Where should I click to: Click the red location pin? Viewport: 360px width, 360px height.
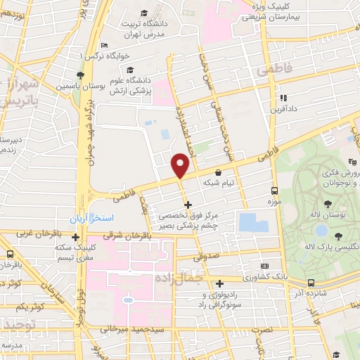coord(181,166)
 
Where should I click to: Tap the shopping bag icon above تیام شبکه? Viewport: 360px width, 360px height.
coord(218,172)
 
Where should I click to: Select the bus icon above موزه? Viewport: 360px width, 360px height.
coord(275,191)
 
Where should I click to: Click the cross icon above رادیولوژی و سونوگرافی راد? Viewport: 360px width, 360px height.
coord(219,283)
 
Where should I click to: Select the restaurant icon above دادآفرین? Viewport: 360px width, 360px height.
coord(284,98)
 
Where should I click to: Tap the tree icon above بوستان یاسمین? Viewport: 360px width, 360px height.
coord(82,75)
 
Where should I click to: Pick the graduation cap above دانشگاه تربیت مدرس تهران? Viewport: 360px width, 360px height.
coord(144,13)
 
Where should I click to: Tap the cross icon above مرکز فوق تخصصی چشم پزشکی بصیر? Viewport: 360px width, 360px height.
coord(188,205)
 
